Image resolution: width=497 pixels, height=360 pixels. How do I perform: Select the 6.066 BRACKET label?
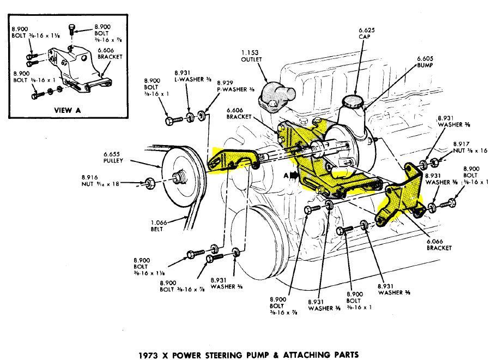coord(440,245)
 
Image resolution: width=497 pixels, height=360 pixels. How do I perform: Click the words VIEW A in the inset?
coord(67,109)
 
